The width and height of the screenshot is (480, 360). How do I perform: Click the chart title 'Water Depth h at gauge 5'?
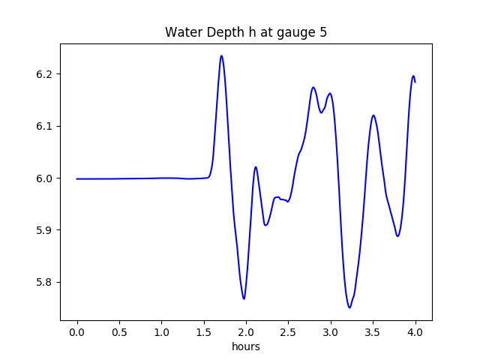point(246,33)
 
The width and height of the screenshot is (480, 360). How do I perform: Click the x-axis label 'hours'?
point(246,347)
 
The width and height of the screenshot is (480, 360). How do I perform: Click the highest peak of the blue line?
point(221,55)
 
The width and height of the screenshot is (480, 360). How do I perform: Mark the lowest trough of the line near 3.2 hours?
point(349,307)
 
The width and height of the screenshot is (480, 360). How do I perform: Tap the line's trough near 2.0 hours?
point(244,298)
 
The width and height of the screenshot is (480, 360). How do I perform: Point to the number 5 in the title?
point(323,33)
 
